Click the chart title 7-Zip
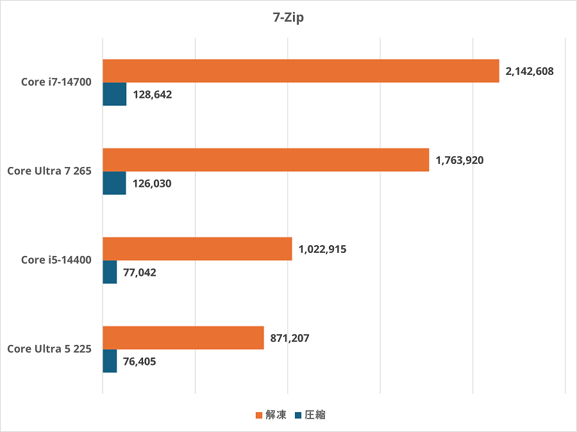coord(288,18)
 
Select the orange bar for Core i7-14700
coord(301,71)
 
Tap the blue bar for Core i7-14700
coord(114,94)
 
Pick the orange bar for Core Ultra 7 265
coord(265,160)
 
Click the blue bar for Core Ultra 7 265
coord(114,183)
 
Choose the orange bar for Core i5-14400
coord(197,249)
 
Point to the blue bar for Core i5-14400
coord(110,272)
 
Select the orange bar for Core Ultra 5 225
coord(183,338)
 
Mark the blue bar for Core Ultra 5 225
coord(110,361)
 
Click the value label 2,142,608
coord(530,72)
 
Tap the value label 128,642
coord(153,95)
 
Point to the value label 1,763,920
coord(460,161)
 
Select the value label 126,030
coord(153,184)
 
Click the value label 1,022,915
coord(322,250)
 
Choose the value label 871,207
coord(290,339)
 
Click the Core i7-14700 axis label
coord(56,82)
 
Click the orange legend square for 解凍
coord(259,415)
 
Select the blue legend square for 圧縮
coord(298,415)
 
